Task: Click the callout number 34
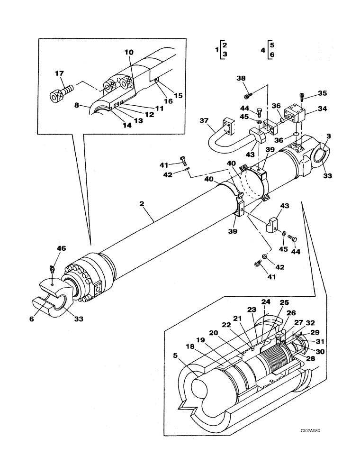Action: pyautogui.click(x=323, y=109)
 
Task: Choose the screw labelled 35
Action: pyautogui.click(x=302, y=98)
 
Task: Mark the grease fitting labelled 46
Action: pyautogui.click(x=52, y=270)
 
